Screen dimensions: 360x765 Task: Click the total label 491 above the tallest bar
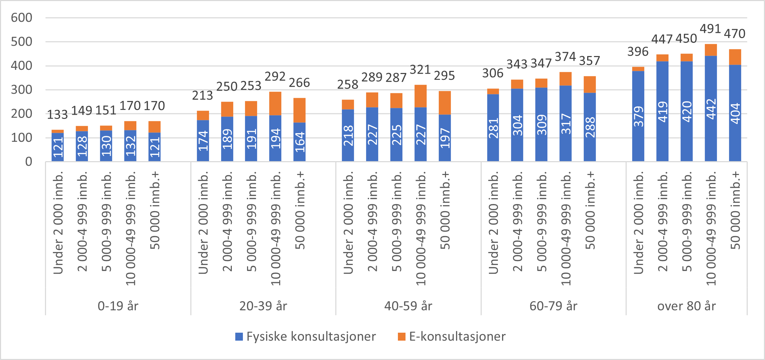710,29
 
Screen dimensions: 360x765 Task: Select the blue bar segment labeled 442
711,109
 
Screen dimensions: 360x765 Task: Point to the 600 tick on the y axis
21,18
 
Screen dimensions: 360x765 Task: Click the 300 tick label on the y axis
21,90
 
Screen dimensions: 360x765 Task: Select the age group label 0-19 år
118,306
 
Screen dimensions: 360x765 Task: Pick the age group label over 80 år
686,306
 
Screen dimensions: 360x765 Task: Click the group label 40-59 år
408,306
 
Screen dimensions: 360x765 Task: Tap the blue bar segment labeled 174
203,141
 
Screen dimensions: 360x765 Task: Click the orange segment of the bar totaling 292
275,103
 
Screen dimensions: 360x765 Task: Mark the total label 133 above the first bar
57,114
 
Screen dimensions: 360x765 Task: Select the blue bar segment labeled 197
445,138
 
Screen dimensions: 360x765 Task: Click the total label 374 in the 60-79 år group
565,57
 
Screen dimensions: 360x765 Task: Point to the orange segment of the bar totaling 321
420,96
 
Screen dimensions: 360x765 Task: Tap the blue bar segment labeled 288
590,127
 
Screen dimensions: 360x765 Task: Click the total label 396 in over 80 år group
638,52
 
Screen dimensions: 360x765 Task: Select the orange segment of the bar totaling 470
735,57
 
